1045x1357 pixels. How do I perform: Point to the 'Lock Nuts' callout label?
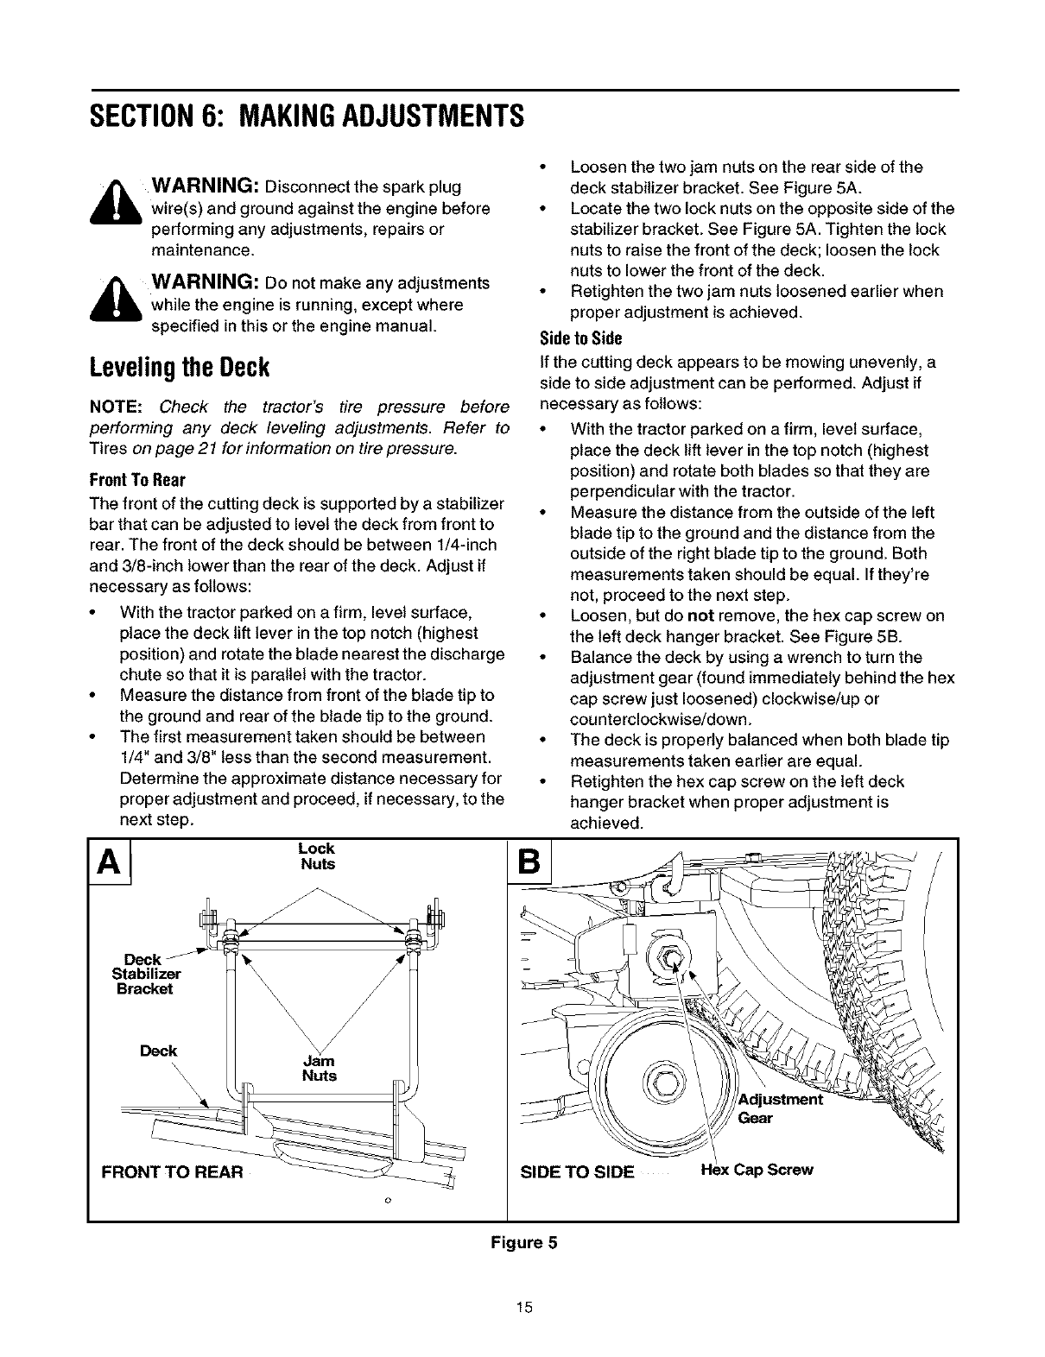317,856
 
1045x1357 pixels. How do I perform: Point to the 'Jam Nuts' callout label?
319,1068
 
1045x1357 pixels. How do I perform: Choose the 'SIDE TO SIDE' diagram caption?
577,1171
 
